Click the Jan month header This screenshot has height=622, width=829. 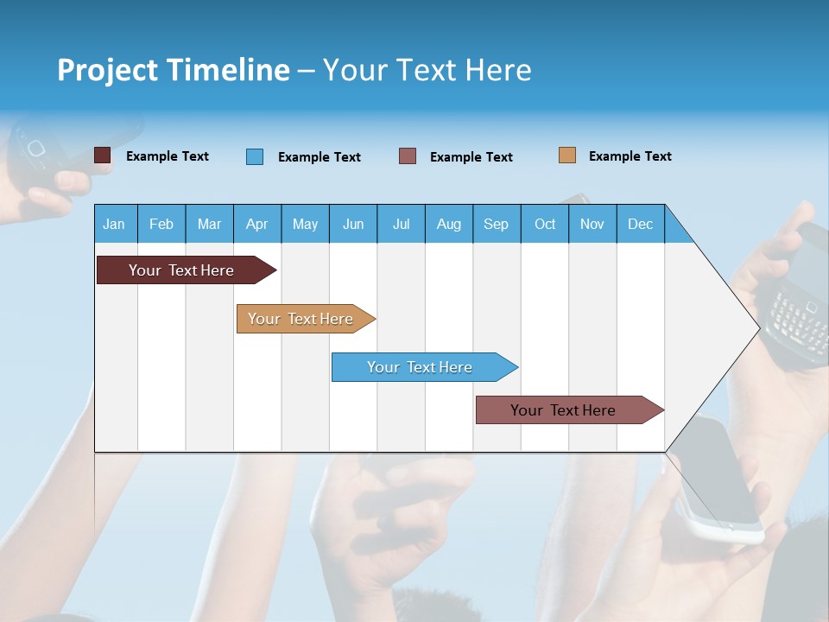[114, 224]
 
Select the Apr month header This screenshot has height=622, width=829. [256, 224]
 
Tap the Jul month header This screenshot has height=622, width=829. [401, 224]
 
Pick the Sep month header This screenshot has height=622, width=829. [496, 224]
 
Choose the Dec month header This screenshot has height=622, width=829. [640, 224]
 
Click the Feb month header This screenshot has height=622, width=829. [161, 224]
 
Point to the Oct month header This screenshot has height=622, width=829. [545, 224]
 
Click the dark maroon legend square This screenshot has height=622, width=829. [102, 155]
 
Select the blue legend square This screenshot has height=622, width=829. [254, 156]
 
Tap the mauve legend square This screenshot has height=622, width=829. [408, 156]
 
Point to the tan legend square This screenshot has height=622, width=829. [566, 155]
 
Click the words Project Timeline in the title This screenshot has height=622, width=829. [174, 70]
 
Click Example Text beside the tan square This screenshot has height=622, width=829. [630, 156]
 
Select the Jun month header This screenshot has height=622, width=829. [353, 224]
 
